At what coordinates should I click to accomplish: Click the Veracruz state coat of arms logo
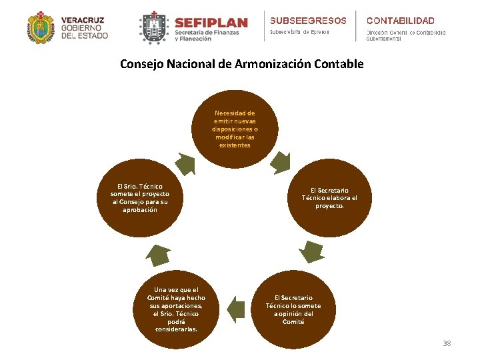click(41, 27)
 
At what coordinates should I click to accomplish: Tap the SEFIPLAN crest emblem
click(153, 29)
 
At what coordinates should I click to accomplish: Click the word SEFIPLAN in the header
click(210, 23)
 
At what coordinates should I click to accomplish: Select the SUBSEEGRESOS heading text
click(308, 21)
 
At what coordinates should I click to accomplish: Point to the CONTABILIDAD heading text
click(400, 21)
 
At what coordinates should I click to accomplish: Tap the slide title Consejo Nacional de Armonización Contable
click(241, 64)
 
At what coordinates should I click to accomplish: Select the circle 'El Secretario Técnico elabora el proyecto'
click(329, 198)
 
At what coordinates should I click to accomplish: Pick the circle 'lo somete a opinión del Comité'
click(293, 309)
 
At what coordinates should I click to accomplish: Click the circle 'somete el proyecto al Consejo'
click(140, 198)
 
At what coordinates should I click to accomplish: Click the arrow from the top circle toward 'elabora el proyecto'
click(280, 162)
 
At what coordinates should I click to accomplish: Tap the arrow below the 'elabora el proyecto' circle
click(311, 251)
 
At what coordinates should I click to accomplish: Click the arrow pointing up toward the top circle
click(185, 163)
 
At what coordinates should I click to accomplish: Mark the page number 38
click(447, 343)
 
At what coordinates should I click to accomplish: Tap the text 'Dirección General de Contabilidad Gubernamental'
click(405, 36)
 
